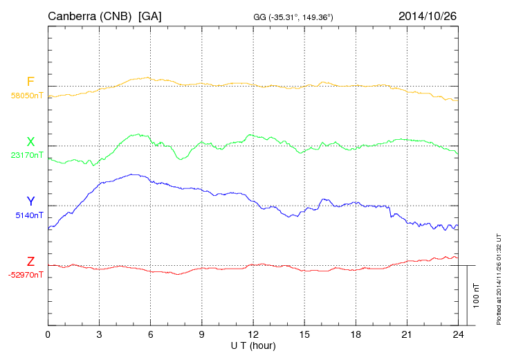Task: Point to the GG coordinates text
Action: [x=294, y=16]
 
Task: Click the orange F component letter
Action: [x=30, y=82]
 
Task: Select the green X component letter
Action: [x=30, y=142]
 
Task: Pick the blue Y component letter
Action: [x=30, y=201]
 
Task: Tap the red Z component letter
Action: [x=30, y=261]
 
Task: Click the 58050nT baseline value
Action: [x=26, y=96]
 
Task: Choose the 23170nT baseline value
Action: [x=26, y=156]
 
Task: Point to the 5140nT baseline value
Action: [x=29, y=215]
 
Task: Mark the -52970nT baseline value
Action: [x=26, y=275]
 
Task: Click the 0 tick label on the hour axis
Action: [x=48, y=335]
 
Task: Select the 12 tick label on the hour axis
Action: [x=253, y=335]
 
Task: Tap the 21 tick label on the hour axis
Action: [x=407, y=335]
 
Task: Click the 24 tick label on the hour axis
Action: [x=458, y=335]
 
